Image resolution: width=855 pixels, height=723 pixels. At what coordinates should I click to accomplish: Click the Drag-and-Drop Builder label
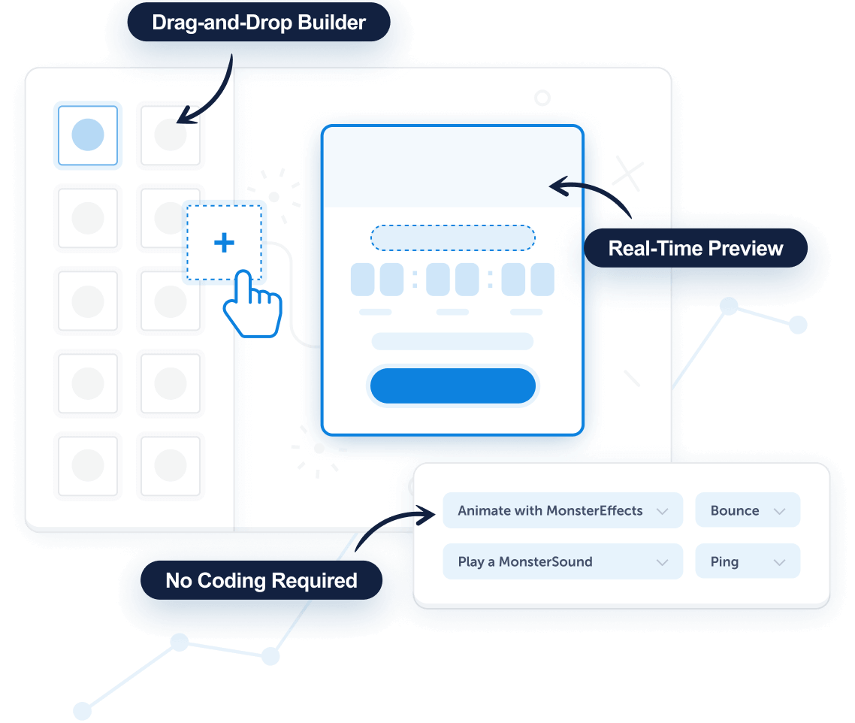258,23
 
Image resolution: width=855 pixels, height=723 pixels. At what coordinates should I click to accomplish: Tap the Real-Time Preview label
695,249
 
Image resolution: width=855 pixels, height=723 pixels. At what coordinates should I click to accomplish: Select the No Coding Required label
261,581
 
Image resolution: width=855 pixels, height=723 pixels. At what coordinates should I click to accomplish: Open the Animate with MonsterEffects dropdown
562,511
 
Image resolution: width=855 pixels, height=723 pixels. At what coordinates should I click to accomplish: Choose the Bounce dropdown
747,511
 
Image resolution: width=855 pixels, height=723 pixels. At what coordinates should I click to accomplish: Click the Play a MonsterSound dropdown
562,562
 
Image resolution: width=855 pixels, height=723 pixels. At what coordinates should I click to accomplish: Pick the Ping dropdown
747,562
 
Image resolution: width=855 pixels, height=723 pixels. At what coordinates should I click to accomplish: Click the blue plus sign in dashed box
224,243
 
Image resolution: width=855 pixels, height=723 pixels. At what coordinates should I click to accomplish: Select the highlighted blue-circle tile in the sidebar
88,135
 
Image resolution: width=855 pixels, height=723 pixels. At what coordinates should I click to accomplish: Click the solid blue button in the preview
452,386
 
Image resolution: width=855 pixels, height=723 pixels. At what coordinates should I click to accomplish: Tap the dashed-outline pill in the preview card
452,238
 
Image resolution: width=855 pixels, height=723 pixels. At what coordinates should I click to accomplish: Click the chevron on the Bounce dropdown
779,512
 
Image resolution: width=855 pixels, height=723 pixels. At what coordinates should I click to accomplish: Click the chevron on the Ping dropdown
779,563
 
